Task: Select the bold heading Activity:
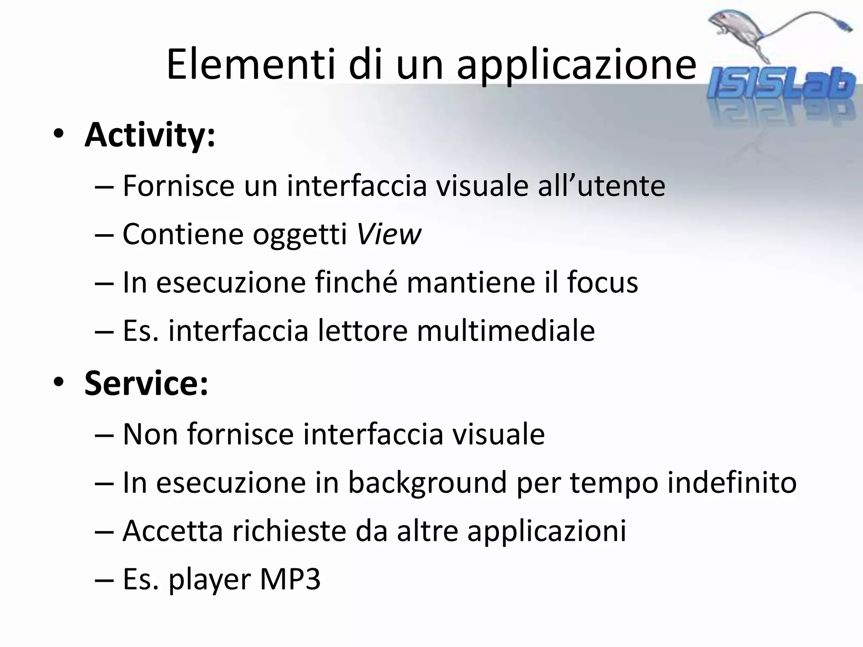click(x=150, y=136)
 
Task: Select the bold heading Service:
click(x=146, y=383)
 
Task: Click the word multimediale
click(x=506, y=331)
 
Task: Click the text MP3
click(x=290, y=579)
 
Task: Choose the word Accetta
click(x=172, y=531)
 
